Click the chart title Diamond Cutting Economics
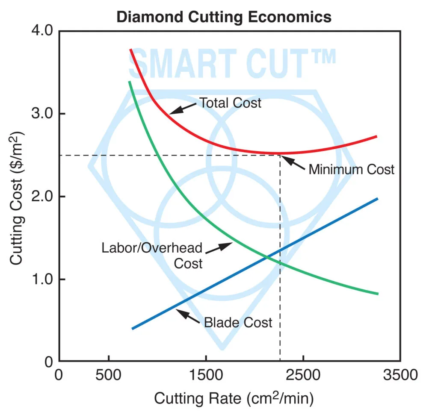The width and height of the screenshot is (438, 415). coord(224,17)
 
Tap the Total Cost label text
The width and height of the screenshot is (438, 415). coord(230,103)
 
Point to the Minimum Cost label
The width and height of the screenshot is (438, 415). coord(351,169)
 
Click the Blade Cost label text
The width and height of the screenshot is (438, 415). coord(238,322)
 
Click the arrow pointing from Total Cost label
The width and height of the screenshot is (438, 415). coord(184,109)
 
